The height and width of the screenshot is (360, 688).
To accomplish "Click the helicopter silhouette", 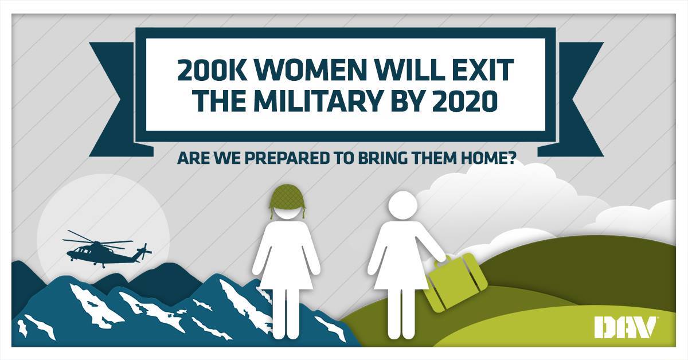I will pos(103,251).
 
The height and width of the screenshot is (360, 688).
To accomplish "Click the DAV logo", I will pos(625,328).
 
